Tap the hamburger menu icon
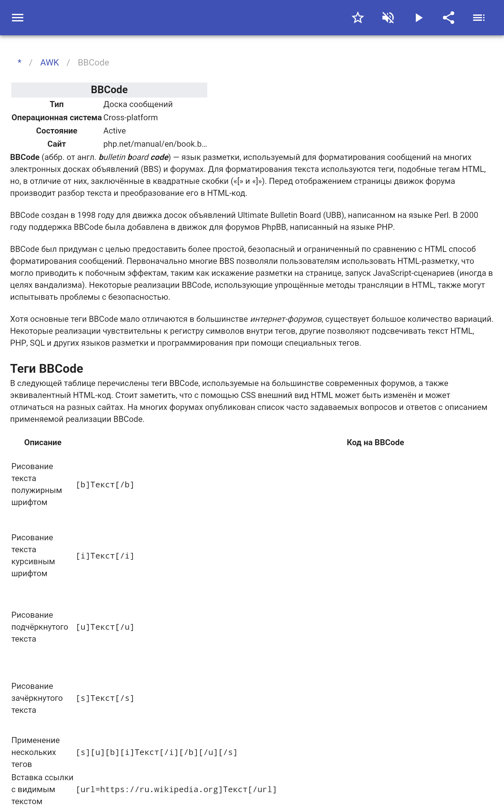(18, 18)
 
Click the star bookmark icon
(358, 18)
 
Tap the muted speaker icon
(388, 18)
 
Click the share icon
(449, 18)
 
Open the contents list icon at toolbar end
(479, 18)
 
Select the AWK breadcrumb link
(49, 63)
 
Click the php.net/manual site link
(155, 144)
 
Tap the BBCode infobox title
(109, 90)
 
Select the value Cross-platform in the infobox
(130, 117)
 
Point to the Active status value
(114, 131)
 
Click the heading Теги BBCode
(47, 369)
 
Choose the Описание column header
(43, 442)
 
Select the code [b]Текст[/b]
(105, 485)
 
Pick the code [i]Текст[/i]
(105, 556)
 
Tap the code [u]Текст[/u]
(105, 627)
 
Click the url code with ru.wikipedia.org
(176, 789)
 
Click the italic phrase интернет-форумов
(286, 319)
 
